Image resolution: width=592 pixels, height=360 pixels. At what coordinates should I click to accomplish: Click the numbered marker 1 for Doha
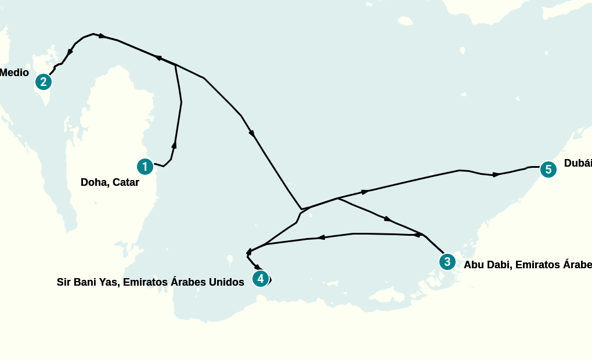(145, 167)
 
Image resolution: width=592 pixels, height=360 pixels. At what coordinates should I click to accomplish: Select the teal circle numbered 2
(43, 82)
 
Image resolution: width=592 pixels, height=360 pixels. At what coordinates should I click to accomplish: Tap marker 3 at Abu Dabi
(446, 262)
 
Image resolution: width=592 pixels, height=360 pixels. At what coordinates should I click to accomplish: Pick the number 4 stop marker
(261, 279)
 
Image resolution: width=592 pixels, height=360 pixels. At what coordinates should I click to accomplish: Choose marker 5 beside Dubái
(548, 170)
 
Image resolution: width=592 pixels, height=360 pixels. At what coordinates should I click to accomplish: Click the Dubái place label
(577, 163)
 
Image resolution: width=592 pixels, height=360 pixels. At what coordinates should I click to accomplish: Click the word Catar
(126, 182)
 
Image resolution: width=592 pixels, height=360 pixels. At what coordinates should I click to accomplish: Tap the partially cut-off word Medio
(14, 73)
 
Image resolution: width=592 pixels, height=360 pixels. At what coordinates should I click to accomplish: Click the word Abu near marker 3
(474, 265)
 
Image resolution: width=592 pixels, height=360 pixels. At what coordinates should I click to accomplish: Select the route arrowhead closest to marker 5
(496, 174)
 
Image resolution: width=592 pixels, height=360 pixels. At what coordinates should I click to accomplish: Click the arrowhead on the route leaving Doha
(174, 145)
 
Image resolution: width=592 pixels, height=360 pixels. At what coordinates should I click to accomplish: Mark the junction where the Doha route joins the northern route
(176, 65)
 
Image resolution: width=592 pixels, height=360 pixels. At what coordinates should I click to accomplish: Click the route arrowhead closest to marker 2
(70, 52)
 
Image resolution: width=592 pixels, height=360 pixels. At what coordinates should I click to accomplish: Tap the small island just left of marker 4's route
(230, 258)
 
